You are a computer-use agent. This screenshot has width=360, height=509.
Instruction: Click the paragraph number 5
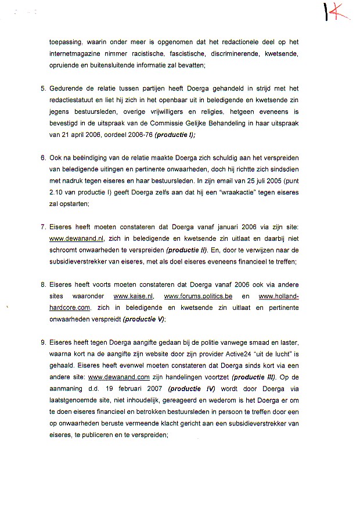point(43,89)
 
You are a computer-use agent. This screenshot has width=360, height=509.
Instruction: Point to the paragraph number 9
point(43,342)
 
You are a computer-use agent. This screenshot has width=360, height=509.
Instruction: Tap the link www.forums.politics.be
point(197,296)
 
